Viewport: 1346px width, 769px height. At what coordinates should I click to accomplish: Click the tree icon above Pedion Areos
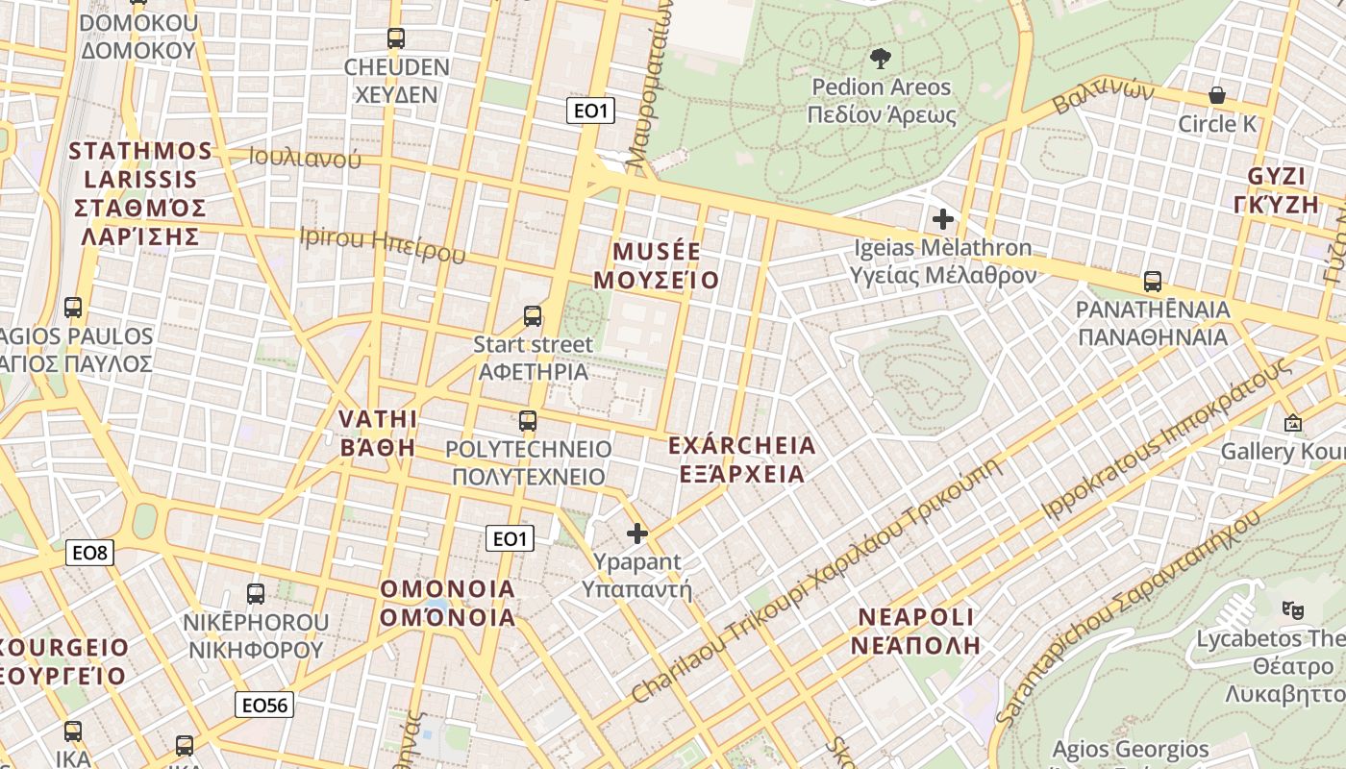click(880, 60)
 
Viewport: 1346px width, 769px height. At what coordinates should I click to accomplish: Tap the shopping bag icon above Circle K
click(1217, 95)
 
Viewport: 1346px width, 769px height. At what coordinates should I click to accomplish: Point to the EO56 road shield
click(264, 705)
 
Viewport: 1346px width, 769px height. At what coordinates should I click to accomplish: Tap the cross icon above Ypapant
click(637, 533)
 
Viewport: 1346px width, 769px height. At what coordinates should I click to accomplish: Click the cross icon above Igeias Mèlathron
click(943, 219)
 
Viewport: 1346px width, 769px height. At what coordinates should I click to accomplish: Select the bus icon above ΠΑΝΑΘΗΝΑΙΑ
click(1153, 282)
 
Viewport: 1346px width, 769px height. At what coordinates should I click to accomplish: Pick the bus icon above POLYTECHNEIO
click(528, 420)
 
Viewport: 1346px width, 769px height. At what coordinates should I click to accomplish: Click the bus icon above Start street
click(533, 315)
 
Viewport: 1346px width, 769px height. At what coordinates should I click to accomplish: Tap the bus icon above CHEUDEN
click(396, 38)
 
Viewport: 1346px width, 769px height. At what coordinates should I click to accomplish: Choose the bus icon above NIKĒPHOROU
click(256, 593)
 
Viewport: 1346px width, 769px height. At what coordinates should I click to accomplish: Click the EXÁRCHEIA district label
click(741, 446)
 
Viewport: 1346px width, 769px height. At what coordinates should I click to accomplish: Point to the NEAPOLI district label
click(915, 617)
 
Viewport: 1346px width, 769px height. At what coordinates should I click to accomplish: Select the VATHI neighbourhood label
click(378, 419)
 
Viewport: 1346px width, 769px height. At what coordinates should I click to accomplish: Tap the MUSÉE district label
click(657, 252)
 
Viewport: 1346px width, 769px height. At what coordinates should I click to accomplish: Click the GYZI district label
click(1277, 177)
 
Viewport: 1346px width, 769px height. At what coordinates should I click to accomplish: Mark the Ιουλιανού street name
click(304, 158)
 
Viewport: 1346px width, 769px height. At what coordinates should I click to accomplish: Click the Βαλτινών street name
click(1103, 96)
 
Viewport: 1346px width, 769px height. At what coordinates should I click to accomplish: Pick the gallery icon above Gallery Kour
click(1293, 423)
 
